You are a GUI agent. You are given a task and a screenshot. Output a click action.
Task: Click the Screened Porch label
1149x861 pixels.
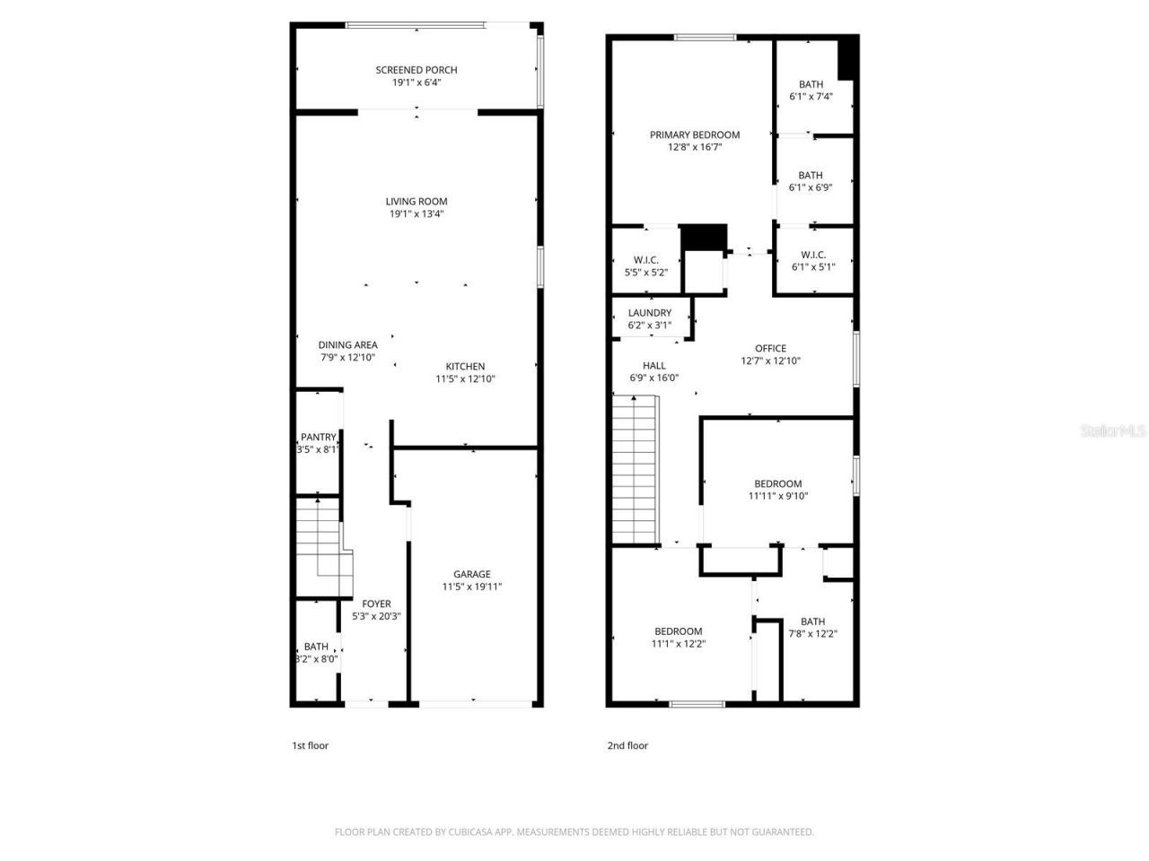[x=417, y=70]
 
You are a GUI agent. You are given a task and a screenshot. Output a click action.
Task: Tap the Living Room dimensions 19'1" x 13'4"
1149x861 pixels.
[x=417, y=214]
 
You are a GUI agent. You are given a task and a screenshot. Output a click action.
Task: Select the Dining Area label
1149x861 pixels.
[x=348, y=344]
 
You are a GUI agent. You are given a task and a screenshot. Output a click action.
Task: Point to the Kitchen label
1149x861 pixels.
[x=465, y=366]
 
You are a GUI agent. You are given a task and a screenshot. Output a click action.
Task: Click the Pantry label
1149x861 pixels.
[x=318, y=438]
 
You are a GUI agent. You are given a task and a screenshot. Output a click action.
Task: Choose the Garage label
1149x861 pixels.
[x=471, y=574]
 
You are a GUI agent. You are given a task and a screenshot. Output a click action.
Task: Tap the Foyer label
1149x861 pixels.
[x=376, y=604]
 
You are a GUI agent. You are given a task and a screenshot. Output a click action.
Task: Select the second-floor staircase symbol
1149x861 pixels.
[x=636, y=470]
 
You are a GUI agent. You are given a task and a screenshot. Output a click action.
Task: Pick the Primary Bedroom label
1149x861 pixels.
[x=695, y=135]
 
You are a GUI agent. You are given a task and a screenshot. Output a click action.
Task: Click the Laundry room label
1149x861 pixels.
[x=650, y=313]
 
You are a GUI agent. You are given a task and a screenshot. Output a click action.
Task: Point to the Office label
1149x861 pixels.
[x=770, y=348]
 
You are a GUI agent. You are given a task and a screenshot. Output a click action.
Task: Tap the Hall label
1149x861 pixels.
[x=653, y=365]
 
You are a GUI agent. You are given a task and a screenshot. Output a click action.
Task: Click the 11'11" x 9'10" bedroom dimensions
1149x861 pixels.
[x=778, y=496]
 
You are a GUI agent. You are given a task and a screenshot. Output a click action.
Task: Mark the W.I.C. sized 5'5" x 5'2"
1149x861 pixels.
[x=646, y=265]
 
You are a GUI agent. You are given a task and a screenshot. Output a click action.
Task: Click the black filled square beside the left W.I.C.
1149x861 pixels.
[x=703, y=238]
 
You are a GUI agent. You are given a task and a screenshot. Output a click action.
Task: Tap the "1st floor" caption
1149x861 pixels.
[x=310, y=745]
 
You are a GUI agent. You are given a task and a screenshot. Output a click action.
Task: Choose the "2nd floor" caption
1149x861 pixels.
[x=627, y=745]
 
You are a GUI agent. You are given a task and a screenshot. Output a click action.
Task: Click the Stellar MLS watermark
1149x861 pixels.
[x=1113, y=431]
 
